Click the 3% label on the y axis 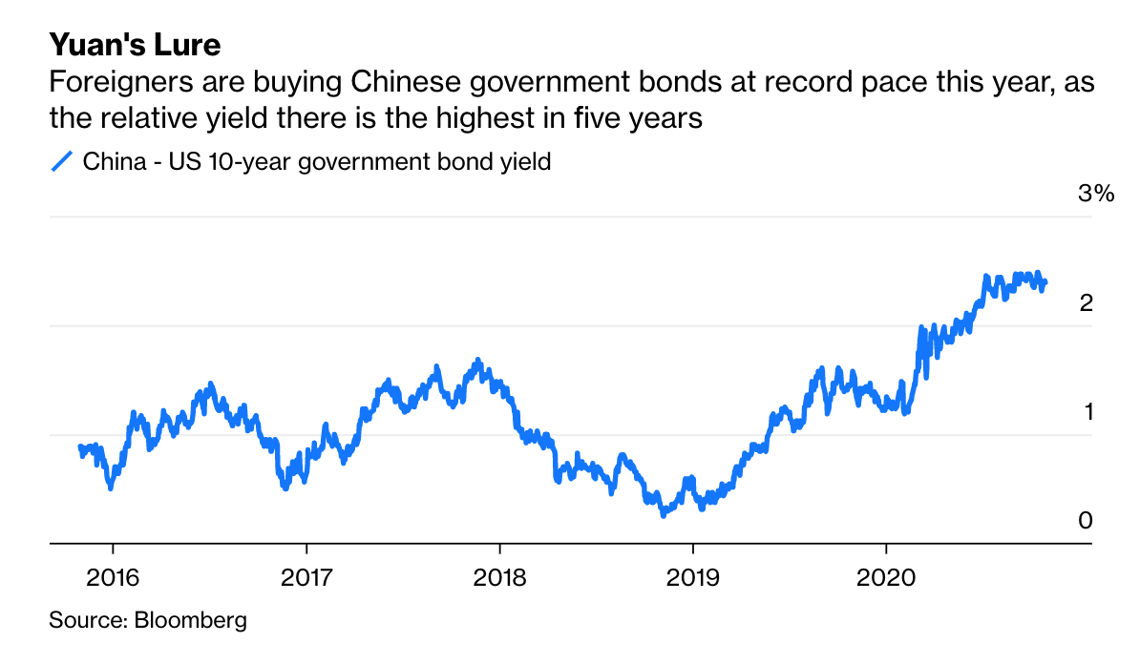pos(1095,194)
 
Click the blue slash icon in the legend pos(62,161)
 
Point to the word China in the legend pos(114,161)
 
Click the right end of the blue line pos(1045,281)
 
